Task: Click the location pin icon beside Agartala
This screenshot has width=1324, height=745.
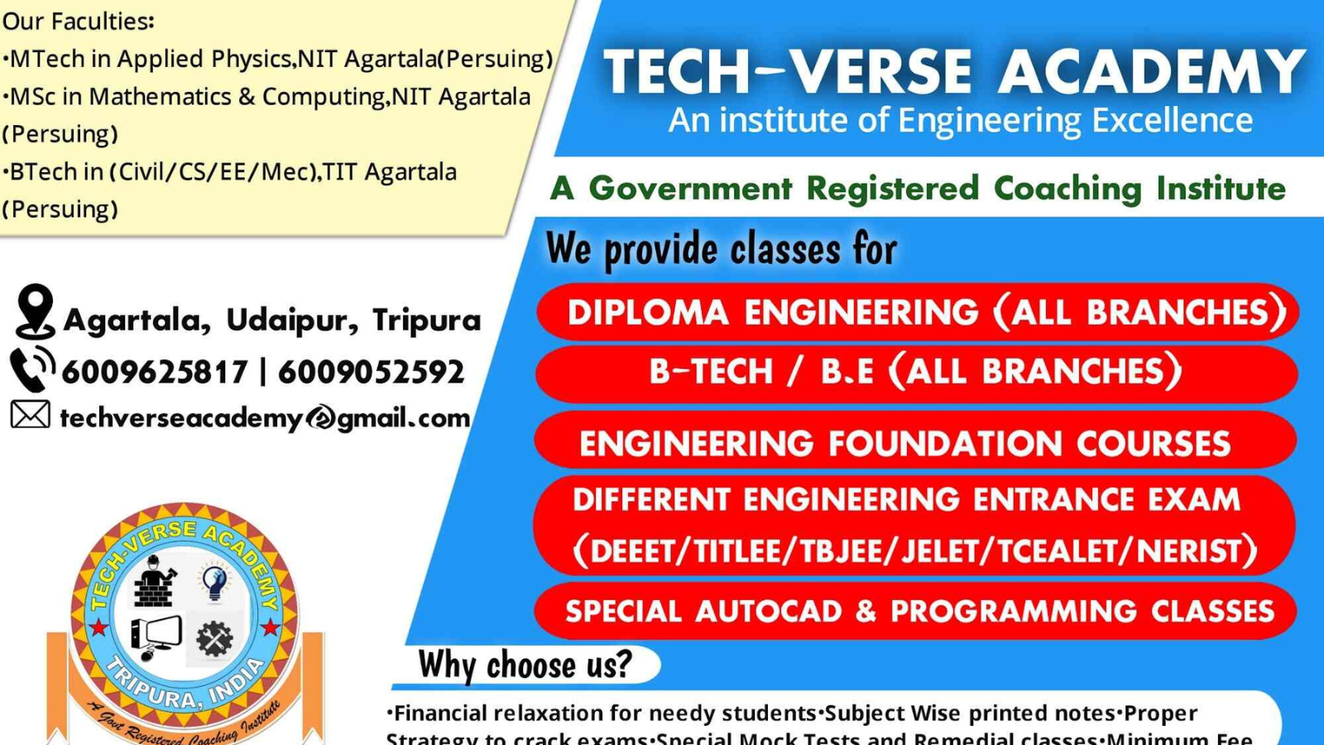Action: pos(35,311)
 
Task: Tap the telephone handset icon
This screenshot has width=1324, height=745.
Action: pos(31,369)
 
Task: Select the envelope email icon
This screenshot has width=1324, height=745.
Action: pos(31,415)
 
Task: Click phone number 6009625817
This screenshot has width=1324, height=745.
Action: pos(155,372)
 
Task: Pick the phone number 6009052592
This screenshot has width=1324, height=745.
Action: pos(371,372)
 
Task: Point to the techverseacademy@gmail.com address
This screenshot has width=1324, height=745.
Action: pos(265,418)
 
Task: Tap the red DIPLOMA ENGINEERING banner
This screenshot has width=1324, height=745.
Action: pos(917,313)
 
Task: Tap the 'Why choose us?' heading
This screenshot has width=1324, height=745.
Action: pos(525,665)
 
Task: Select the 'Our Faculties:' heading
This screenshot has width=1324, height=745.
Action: pos(79,21)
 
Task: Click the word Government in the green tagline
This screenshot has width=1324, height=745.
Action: pos(690,189)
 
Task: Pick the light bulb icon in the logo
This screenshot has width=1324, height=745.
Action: pos(214,581)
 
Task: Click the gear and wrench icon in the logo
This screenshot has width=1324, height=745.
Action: pos(214,638)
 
